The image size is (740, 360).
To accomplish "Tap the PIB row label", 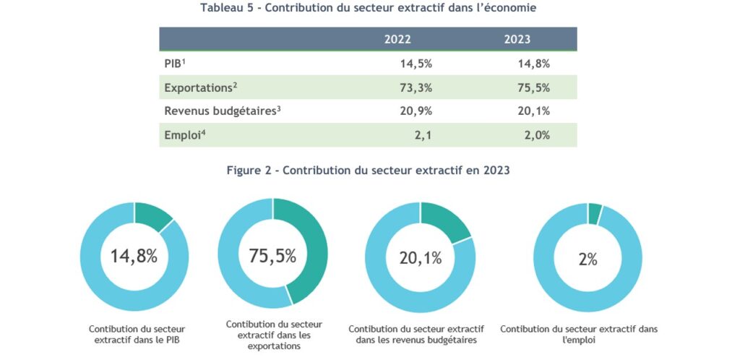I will pyautogui.click(x=175, y=64).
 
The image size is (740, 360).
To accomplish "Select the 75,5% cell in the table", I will pyautogui.click(x=534, y=88).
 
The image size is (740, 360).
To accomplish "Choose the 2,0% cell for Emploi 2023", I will pyautogui.click(x=535, y=135).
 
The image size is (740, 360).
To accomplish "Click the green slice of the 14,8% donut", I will pyautogui.click(x=152, y=215).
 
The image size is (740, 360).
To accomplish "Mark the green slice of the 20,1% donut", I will pyautogui.click(x=444, y=220).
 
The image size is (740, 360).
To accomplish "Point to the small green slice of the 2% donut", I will pyautogui.click(x=595, y=213).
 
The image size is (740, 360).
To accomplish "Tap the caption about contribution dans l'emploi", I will pyautogui.click(x=579, y=334).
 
